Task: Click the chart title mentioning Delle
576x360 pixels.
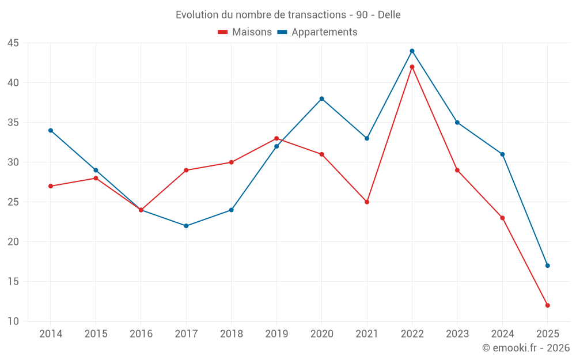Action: pos(288,14)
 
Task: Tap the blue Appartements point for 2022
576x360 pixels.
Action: pos(412,51)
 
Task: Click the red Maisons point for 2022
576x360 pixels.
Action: pos(412,67)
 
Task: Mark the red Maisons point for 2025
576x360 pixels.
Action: pos(548,305)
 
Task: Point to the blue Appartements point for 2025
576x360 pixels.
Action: pos(548,266)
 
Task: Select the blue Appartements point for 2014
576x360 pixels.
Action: pos(51,130)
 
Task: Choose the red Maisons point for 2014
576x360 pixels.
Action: pos(51,186)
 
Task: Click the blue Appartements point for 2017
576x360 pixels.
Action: pos(186,226)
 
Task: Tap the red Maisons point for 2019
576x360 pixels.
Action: pos(276,138)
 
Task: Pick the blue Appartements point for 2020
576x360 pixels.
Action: pos(321,98)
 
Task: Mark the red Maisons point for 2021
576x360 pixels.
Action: pos(367,202)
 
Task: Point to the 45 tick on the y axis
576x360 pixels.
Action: pos(13,43)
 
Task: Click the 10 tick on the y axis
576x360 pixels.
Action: pos(13,321)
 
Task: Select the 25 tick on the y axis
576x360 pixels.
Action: pos(13,202)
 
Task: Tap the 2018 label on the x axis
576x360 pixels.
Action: pos(231,334)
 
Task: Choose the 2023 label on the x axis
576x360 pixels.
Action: pos(457,334)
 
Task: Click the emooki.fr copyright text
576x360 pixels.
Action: pos(526,348)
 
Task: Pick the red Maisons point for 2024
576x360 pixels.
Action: pos(502,218)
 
